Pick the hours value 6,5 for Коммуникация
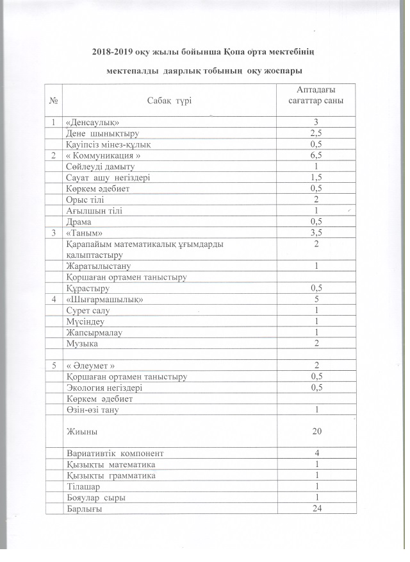[316, 156]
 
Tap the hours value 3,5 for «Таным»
[316, 233]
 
